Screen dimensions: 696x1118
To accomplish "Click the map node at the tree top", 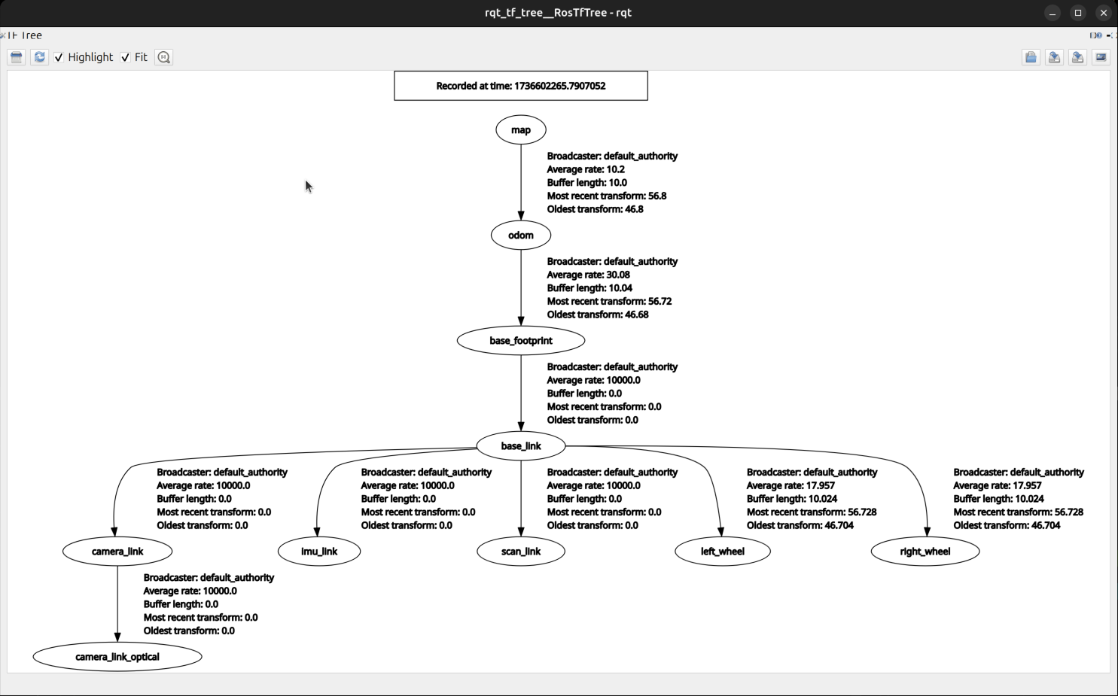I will click(521, 130).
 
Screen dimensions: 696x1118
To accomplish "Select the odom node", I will click(521, 236).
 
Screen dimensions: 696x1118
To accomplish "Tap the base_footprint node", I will click(521, 341).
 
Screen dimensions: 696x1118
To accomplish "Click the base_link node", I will click(521, 446).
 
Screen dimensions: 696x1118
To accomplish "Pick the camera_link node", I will click(117, 552).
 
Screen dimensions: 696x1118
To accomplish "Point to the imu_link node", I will click(319, 552).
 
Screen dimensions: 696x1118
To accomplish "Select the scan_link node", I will click(521, 552).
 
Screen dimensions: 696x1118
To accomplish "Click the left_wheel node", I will click(723, 552).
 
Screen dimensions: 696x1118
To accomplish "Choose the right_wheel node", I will click(925, 552).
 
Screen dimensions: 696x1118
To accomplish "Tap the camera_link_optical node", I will click(117, 657).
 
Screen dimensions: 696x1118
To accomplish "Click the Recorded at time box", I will click(521, 86).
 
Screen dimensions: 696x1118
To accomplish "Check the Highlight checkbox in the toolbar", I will click(59, 58).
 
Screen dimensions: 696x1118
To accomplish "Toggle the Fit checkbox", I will click(126, 58).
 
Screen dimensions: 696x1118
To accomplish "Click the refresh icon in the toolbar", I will click(40, 57).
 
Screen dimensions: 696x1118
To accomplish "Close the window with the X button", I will click(1104, 13).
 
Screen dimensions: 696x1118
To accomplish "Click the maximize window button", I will click(1078, 13).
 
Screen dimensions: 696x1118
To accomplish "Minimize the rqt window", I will click(1053, 13).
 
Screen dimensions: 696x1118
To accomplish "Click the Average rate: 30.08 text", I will click(589, 275).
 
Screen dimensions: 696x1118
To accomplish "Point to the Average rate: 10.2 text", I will click(586, 169).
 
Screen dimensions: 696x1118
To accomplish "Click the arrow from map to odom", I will click(521, 181).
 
